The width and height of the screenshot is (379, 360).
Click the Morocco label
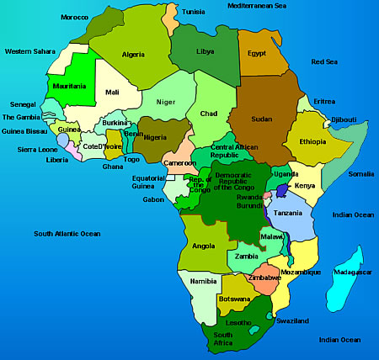[74, 18]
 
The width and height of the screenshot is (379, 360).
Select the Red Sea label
[324, 61]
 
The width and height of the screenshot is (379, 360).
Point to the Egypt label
[256, 53]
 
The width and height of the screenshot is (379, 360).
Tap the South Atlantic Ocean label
[67, 233]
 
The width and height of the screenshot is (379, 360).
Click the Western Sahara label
[29, 51]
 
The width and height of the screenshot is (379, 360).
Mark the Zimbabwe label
[265, 277]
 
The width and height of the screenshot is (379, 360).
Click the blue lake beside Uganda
[281, 191]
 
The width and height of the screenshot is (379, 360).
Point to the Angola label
[204, 246]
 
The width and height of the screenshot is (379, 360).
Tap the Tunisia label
[194, 12]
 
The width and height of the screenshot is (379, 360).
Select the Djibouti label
[344, 119]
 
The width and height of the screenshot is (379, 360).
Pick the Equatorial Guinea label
[148, 183]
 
